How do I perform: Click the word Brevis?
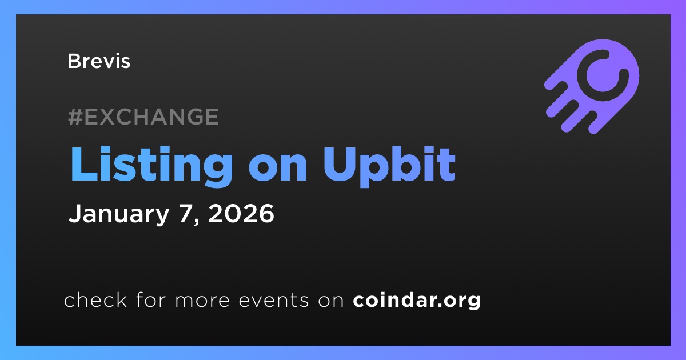[99, 61]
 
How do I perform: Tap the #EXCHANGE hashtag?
[143, 117]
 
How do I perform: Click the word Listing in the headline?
[151, 166]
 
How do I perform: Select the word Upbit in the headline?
[389, 166]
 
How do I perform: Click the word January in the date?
[119, 214]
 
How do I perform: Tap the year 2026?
[241, 213]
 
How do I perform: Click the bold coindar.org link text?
[417, 301]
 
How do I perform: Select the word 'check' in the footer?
[95, 299]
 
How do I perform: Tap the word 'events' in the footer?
[273, 301]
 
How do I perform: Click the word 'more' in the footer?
[202, 301]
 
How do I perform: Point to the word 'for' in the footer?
[151, 299]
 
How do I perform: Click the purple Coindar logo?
[592, 87]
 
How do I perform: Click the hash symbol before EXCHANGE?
[75, 117]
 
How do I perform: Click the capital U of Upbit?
[339, 164]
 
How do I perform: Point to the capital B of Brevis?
[74, 61]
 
